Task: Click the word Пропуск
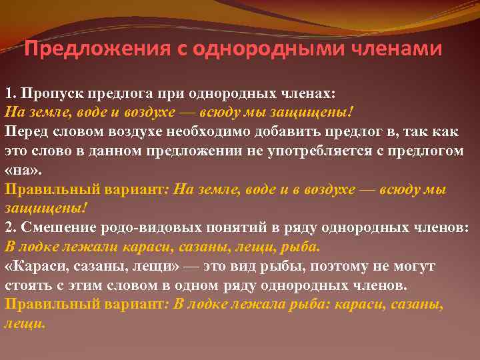coord(44,91)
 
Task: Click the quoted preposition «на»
coord(19,169)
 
